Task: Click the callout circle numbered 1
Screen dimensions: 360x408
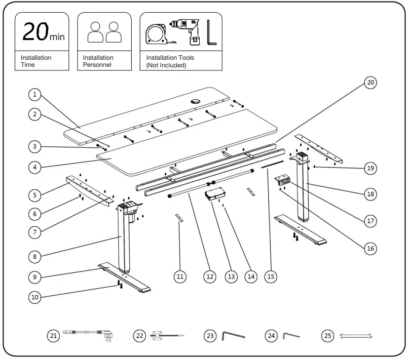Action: [34, 94]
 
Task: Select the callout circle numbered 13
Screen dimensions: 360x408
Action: [232, 276]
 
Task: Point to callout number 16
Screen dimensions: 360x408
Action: [370, 248]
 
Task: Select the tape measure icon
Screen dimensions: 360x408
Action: [158, 34]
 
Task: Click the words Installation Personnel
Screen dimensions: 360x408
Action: [98, 61]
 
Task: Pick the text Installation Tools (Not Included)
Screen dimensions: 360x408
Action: [170, 61]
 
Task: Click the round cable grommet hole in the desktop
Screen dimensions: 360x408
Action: [196, 102]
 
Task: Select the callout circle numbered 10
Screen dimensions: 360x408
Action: [34, 297]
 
